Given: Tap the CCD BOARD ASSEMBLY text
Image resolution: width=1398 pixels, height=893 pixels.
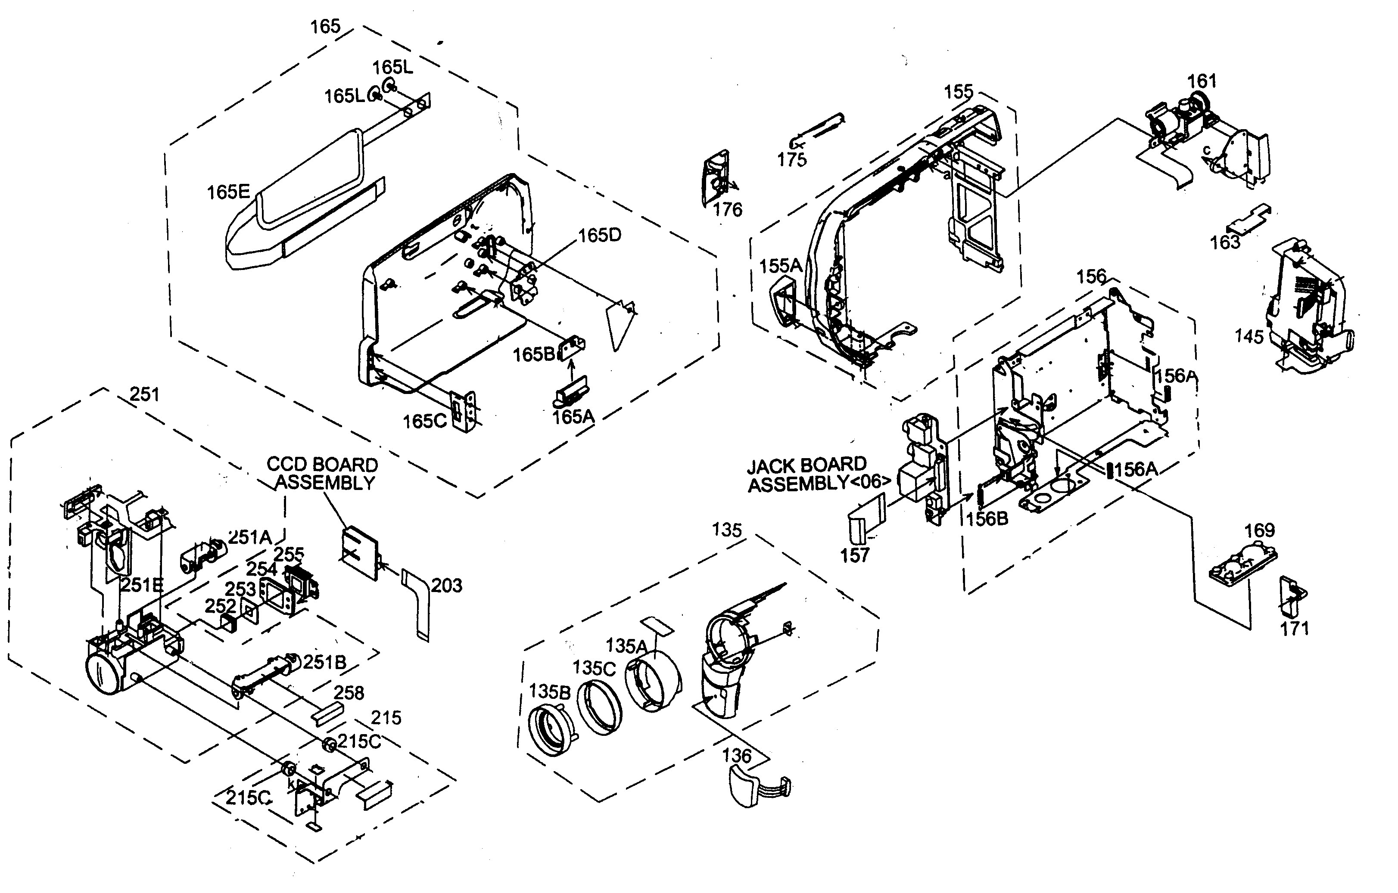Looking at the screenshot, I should [323, 474].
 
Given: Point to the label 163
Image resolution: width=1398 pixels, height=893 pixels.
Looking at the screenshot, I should [1225, 242].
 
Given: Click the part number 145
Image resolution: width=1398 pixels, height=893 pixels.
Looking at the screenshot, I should [1249, 337].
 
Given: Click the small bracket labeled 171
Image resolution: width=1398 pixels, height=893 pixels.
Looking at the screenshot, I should [1291, 598].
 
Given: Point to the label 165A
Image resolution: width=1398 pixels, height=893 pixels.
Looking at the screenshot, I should [573, 417].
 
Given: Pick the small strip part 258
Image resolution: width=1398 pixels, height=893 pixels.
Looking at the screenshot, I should [328, 714].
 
